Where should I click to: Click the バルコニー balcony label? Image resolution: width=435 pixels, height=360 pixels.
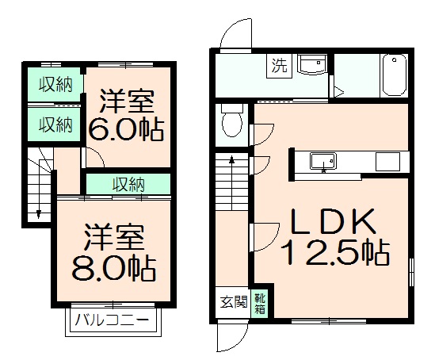[x=112, y=322]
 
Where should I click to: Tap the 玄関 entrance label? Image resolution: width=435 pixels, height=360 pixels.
[x=234, y=302]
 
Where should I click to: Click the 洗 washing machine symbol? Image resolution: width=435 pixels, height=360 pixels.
[x=279, y=65]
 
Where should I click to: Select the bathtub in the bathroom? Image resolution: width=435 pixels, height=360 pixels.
[x=394, y=75]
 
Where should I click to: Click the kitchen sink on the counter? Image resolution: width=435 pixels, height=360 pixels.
[x=322, y=162]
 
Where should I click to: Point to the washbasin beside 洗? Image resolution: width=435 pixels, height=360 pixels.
[x=311, y=66]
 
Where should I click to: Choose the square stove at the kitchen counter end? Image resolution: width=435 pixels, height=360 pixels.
[x=388, y=162]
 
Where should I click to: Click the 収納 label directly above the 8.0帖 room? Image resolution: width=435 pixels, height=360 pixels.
[x=128, y=185]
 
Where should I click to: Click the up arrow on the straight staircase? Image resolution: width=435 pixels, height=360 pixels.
[x=232, y=163]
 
